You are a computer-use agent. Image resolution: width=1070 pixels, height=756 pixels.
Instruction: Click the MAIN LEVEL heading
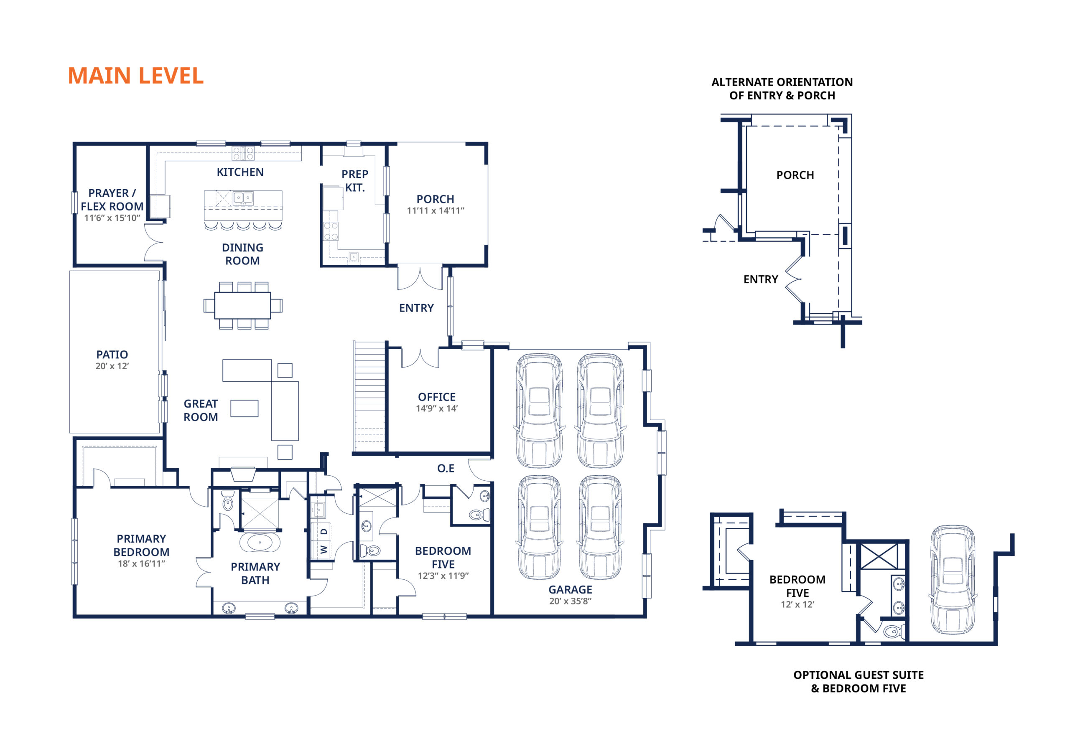[x=135, y=76]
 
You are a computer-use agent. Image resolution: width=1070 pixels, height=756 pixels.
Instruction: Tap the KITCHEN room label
[x=240, y=173]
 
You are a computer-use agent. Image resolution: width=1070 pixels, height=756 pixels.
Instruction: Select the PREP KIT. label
[x=355, y=181]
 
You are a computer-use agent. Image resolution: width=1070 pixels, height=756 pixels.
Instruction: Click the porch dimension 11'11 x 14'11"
[x=435, y=211]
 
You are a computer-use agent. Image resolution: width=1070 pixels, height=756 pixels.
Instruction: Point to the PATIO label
[x=112, y=355]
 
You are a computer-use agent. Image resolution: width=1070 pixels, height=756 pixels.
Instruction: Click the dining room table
[x=242, y=306]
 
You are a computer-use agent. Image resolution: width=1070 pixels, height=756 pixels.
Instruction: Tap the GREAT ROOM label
[x=200, y=411]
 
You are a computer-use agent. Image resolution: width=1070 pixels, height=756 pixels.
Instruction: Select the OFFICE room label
[x=437, y=397]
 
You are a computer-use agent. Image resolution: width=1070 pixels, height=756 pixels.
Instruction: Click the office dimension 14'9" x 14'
[x=437, y=408]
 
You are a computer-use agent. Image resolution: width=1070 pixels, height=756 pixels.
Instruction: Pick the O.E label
[x=446, y=468]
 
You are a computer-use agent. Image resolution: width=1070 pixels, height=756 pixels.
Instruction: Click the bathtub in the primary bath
[x=260, y=543]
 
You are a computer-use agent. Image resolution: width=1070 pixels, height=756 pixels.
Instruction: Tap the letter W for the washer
[x=324, y=550]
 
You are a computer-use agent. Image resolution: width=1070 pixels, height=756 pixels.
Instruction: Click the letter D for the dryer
[x=324, y=531]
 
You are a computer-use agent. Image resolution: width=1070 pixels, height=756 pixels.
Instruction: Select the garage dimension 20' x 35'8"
[x=570, y=601]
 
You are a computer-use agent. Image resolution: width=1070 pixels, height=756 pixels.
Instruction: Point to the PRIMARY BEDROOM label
[x=141, y=545]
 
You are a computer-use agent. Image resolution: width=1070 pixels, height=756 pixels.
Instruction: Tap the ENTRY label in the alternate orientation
[x=761, y=279]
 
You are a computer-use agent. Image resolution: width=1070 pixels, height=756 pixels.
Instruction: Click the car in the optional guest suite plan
[x=953, y=580]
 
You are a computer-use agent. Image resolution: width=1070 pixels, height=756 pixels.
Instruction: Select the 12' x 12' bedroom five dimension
[x=797, y=605]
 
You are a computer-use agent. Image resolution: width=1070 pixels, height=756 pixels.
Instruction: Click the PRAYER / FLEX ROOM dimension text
[x=112, y=218]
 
